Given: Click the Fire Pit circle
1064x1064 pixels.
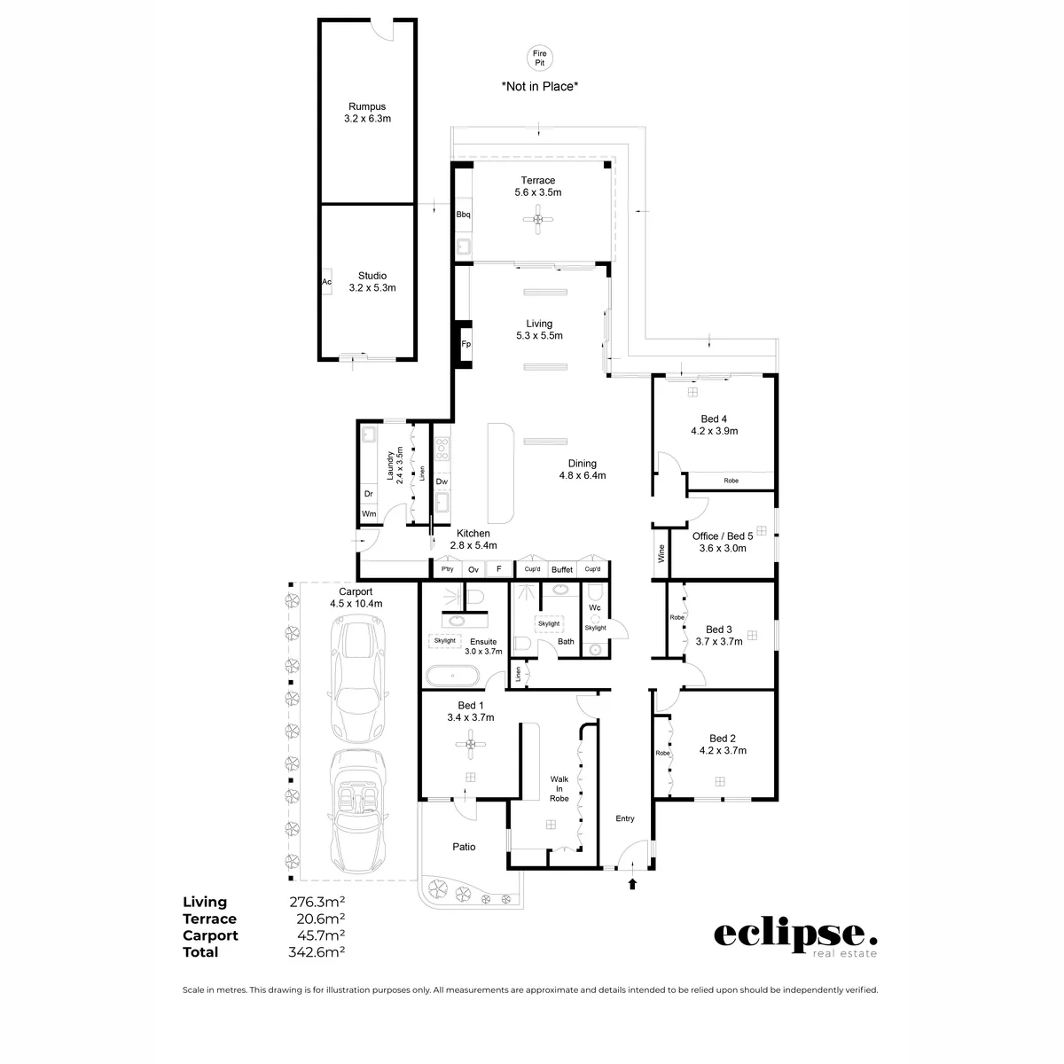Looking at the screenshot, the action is [539, 58].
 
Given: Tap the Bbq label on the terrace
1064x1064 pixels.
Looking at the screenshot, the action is [463, 215].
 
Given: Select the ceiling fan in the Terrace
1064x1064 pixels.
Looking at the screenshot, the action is [538, 219].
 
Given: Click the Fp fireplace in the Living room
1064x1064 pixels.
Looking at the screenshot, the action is [465, 344].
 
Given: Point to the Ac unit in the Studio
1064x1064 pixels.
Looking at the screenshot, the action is [326, 282].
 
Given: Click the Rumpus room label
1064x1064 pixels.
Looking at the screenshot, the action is [367, 106].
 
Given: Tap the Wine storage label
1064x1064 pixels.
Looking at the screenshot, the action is [661, 553].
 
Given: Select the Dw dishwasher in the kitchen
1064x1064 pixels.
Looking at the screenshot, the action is [442, 481].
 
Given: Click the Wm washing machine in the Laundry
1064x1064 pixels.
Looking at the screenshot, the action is [368, 513].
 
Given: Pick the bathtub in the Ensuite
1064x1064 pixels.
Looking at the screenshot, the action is [452, 676].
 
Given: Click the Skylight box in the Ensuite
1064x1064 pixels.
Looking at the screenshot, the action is [444, 640].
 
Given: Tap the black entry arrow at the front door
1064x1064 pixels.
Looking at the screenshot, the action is [632, 884].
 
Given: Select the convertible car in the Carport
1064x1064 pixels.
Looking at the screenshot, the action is [356, 811].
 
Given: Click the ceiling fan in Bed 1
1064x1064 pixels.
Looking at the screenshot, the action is [471, 744].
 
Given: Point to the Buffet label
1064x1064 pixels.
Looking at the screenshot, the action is [561, 570].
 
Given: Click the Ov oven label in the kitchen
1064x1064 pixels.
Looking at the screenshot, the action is [473, 570].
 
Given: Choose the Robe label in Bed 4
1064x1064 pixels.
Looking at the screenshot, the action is [731, 481].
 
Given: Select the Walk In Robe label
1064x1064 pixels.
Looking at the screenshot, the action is [559, 789].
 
